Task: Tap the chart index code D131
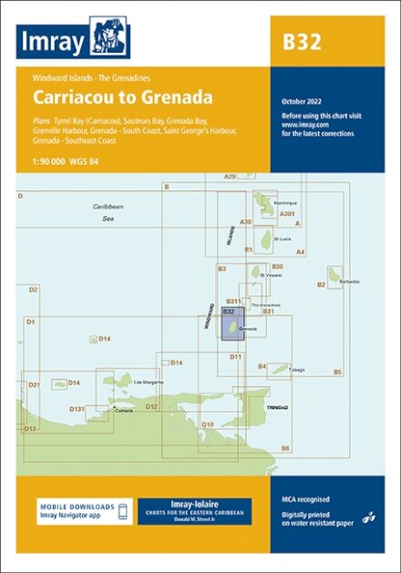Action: click(77, 409)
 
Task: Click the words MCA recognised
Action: click(304, 499)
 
